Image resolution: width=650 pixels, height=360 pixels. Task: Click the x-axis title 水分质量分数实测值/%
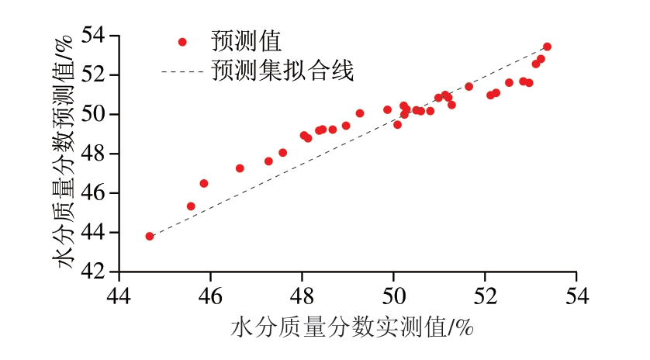352,328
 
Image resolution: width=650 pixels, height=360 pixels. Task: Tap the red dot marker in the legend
182,42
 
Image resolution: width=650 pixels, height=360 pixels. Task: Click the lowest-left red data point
150,236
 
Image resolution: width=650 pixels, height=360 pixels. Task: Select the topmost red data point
547,47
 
